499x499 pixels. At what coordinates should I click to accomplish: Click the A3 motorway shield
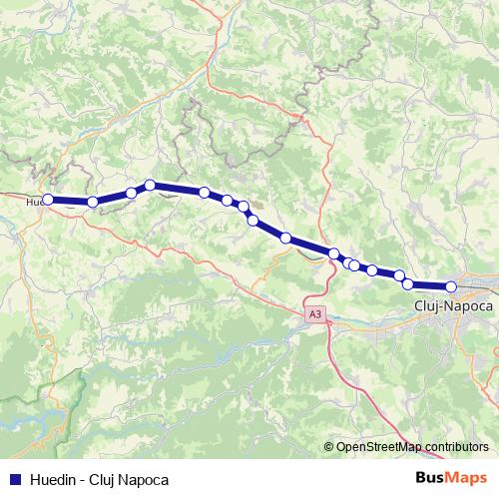pyautogui.click(x=315, y=314)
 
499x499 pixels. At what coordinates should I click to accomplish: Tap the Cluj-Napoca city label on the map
pyautogui.click(x=452, y=306)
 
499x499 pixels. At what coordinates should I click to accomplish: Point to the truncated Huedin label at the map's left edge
pyautogui.click(x=34, y=201)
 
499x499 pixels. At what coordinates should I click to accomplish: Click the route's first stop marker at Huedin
pyautogui.click(x=47, y=200)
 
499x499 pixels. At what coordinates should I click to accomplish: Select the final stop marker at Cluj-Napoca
pyautogui.click(x=451, y=286)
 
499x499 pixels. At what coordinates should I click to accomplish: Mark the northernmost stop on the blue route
pyautogui.click(x=150, y=185)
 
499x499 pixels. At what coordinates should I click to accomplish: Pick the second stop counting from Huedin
pyautogui.click(x=93, y=202)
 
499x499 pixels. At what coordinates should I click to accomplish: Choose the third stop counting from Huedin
pyautogui.click(x=131, y=193)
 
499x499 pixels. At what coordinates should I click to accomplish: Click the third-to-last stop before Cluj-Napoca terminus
pyautogui.click(x=399, y=275)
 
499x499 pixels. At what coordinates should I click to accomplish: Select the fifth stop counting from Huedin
pyautogui.click(x=205, y=193)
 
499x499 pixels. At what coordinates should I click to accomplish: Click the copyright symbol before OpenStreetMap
pyautogui.click(x=329, y=447)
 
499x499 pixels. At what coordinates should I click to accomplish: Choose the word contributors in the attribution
pyautogui.click(x=454, y=447)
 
